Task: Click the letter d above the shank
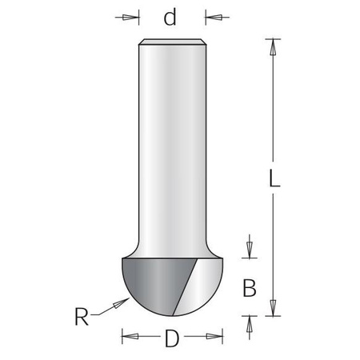[170, 17]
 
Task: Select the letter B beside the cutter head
[249, 286]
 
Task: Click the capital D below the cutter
[170, 338]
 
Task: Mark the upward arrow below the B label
[249, 322]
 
